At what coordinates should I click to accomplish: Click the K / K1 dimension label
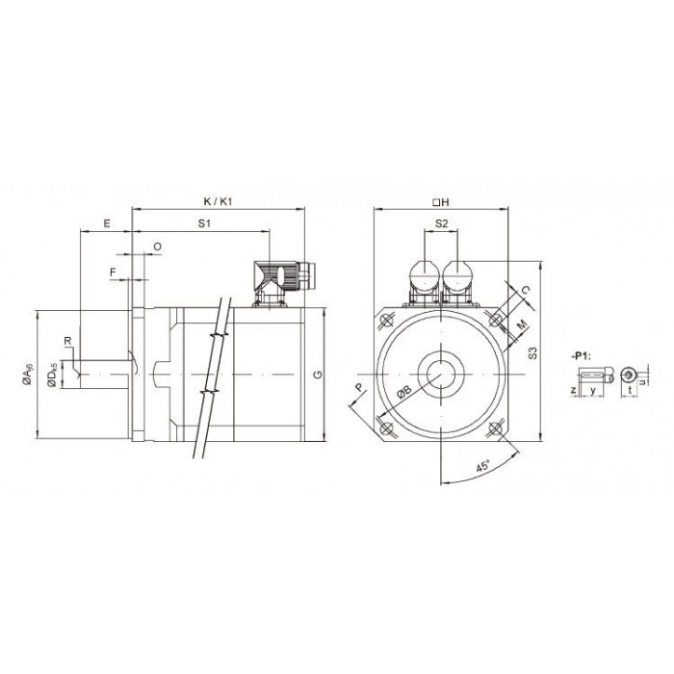click(218, 201)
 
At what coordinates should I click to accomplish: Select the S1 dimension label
click(204, 223)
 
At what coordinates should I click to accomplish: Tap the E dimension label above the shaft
click(107, 223)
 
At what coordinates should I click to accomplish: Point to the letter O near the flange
click(157, 246)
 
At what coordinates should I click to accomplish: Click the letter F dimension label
click(113, 272)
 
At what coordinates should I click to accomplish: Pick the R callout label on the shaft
click(67, 341)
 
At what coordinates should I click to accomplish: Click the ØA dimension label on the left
click(28, 374)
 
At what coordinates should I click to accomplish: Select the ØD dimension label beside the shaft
click(52, 375)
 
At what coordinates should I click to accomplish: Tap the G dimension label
click(319, 375)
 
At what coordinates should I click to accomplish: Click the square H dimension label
click(441, 201)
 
